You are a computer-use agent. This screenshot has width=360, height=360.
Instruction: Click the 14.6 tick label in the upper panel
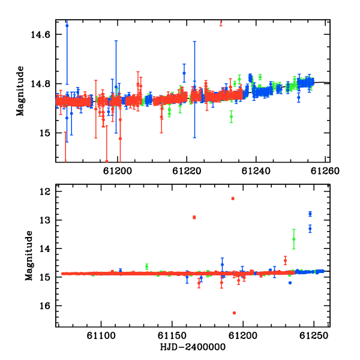[x=40, y=34]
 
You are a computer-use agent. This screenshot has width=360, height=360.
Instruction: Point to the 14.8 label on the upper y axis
[x=40, y=84]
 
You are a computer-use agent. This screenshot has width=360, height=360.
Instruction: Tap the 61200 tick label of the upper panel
[x=118, y=171]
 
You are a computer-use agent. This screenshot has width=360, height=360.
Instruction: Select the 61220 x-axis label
[x=187, y=171]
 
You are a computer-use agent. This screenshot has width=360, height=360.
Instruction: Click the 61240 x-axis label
[x=256, y=171]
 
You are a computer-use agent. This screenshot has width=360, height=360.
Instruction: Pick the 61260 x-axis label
[x=325, y=171]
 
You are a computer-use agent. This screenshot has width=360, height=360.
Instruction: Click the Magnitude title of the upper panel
[x=20, y=91]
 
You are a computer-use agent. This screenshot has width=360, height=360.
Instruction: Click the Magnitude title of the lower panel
[x=29, y=256]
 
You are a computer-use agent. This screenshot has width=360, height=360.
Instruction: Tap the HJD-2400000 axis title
[x=193, y=347]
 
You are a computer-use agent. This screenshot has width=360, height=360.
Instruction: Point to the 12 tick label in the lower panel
[x=44, y=191]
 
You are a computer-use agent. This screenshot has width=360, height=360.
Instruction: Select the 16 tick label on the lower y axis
[x=44, y=306]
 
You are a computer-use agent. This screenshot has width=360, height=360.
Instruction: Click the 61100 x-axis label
[x=101, y=336]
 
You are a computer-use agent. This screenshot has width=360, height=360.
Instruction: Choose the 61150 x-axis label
[x=172, y=336]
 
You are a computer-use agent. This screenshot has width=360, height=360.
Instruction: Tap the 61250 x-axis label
[x=314, y=336]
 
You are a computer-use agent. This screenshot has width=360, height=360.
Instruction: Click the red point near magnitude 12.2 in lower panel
[x=233, y=199]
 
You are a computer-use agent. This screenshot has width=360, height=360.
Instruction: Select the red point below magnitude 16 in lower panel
[x=234, y=313]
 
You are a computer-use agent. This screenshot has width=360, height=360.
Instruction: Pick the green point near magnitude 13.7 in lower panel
[x=293, y=239]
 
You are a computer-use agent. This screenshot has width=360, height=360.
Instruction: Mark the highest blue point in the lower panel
[x=310, y=214]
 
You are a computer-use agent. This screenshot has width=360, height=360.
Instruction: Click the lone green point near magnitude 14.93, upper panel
[x=231, y=116]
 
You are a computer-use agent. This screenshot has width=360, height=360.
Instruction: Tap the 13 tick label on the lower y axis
[x=44, y=220]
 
